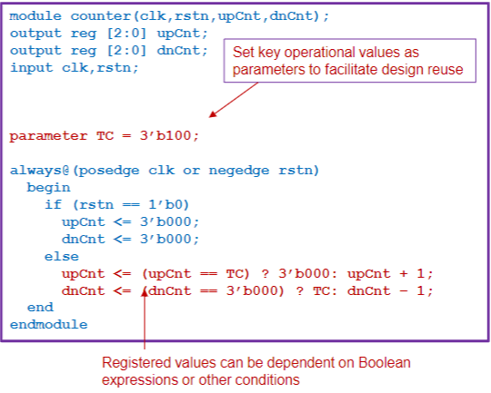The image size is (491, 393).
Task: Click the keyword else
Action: point(61,257)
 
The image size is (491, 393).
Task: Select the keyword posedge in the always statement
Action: point(108,170)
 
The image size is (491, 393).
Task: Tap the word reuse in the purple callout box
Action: point(447,70)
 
